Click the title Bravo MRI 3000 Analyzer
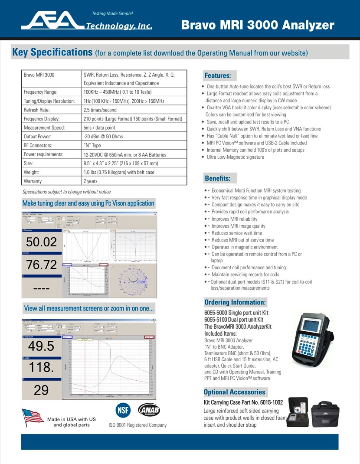click(258, 25)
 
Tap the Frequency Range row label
click(40, 92)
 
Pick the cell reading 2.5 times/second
click(100, 110)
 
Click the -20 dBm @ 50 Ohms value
click(103, 137)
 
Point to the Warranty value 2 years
click(91, 181)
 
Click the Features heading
click(217, 75)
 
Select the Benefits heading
click(218, 178)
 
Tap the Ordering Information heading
click(235, 302)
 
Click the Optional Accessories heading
click(234, 392)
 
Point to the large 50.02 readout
click(41, 242)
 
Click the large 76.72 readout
click(41, 265)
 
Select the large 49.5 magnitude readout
click(41, 346)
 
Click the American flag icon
click(34, 418)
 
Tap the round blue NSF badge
click(123, 410)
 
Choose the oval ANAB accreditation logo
click(149, 410)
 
